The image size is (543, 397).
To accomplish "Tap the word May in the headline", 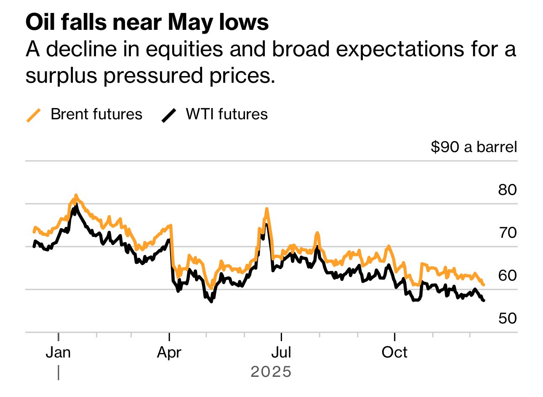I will click(x=191, y=22).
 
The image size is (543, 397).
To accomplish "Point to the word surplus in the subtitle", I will click(x=61, y=76).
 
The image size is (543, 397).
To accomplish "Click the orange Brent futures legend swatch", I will click(x=34, y=115).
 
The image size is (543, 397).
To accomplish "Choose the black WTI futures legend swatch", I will click(x=169, y=115).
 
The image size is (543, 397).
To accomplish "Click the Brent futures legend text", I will click(x=96, y=114).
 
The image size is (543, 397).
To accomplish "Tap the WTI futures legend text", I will click(x=227, y=114).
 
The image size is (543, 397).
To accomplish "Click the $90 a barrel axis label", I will click(x=474, y=147).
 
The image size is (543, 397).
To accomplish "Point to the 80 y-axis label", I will click(x=507, y=190).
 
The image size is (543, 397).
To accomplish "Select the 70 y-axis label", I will click(x=507, y=232).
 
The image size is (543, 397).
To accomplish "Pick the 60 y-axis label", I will click(x=507, y=276).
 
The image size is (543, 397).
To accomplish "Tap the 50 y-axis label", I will click(x=507, y=318).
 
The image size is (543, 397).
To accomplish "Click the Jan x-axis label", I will click(x=58, y=352).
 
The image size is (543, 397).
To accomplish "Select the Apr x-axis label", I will click(x=169, y=352).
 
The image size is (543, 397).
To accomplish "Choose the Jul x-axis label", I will click(x=281, y=352).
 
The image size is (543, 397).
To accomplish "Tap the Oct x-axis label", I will click(x=394, y=352).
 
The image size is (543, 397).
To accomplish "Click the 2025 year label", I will click(x=271, y=372).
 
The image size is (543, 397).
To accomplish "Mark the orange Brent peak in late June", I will click(x=267, y=209).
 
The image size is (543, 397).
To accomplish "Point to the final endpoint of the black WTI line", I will click(x=484, y=300).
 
